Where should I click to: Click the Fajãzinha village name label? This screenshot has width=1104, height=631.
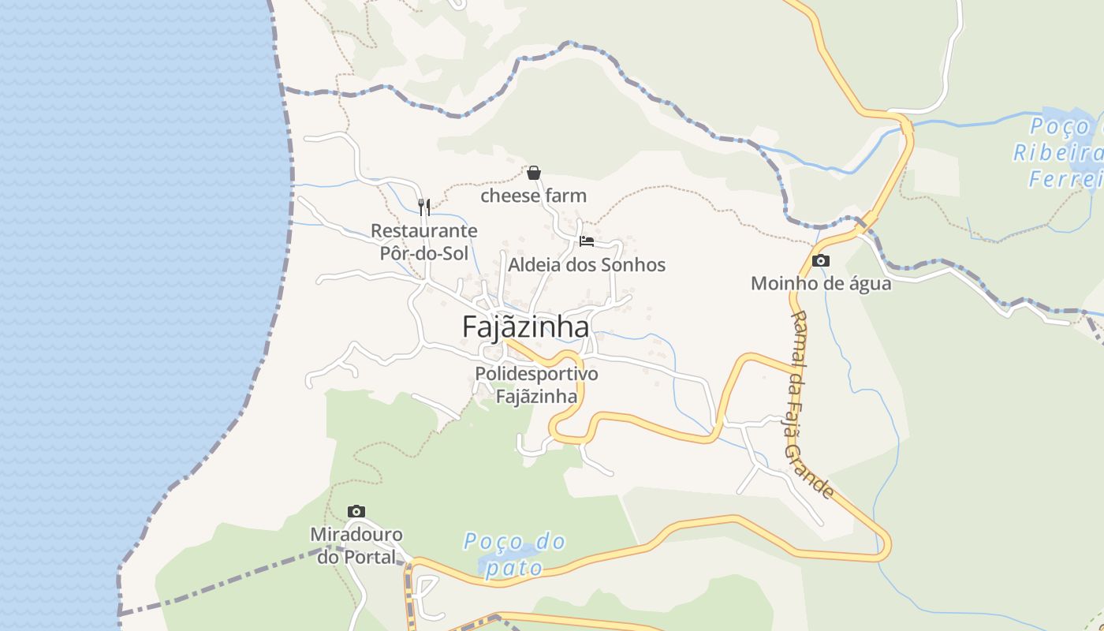click(525, 327)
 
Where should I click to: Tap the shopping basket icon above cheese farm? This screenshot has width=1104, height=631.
click(534, 173)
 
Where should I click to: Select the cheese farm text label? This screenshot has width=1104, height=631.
click(534, 196)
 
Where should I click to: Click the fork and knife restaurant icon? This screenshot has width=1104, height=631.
click(424, 207)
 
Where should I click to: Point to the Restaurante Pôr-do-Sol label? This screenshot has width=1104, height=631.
click(424, 241)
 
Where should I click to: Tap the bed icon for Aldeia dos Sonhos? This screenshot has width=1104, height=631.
click(586, 241)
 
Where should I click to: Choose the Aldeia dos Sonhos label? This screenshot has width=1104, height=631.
click(586, 265)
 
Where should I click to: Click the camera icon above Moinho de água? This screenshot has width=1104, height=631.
click(821, 260)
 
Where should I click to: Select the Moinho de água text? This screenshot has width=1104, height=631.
click(821, 283)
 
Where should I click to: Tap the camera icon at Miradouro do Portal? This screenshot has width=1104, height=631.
click(356, 511)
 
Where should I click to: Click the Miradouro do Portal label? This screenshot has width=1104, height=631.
click(356, 545)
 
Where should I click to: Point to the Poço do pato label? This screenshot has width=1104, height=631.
click(514, 554)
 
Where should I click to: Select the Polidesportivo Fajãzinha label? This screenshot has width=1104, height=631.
click(536, 384)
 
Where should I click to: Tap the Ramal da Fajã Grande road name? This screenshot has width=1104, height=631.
click(811, 404)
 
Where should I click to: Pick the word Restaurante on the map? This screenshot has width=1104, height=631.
click(424, 230)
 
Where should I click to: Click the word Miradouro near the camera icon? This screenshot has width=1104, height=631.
click(356, 534)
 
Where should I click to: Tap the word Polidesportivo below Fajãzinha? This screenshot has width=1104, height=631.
click(536, 373)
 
